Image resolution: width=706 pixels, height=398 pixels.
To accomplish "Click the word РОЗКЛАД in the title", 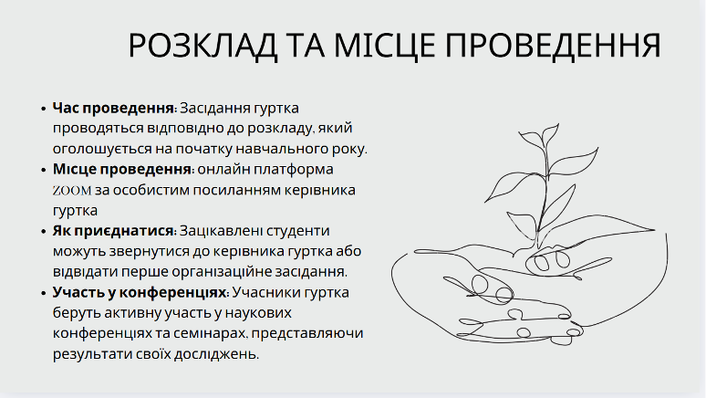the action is [x=202, y=46].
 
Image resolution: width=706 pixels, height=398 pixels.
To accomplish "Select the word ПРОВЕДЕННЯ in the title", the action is [x=554, y=46].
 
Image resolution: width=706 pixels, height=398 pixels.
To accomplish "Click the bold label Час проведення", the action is [x=114, y=109].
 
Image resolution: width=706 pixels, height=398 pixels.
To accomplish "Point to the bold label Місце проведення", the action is [x=123, y=170].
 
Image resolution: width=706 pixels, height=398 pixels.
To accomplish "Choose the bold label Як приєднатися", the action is [x=114, y=231].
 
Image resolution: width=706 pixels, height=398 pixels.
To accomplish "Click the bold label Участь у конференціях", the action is [x=140, y=292].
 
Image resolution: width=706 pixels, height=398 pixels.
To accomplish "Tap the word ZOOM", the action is [x=72, y=191].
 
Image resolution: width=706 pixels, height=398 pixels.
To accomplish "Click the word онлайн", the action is [x=223, y=170].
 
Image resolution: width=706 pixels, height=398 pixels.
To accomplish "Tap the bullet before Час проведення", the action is [x=43, y=109].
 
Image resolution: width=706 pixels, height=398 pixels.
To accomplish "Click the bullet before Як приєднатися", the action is [x=43, y=232].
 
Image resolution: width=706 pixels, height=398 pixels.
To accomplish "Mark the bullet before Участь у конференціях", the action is [x=43, y=293].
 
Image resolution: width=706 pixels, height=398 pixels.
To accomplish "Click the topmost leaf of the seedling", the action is [x=550, y=133].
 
